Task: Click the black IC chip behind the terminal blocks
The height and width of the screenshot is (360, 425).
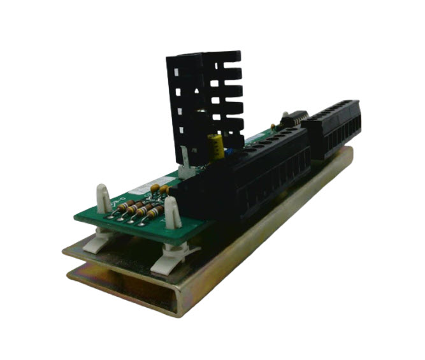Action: (294, 119)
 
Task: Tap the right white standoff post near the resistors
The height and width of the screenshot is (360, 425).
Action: (171, 210)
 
